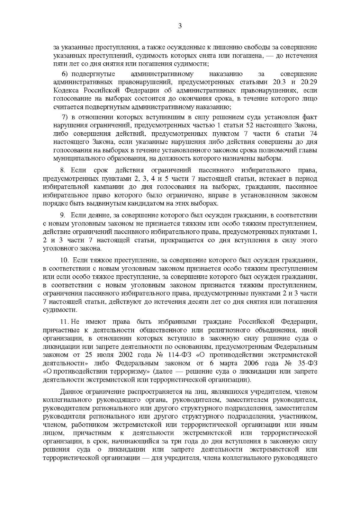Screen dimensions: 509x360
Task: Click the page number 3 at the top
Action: pyautogui.click(x=180, y=26)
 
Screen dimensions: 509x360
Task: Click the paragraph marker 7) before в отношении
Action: pyautogui.click(x=66, y=117)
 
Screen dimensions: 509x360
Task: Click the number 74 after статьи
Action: pyautogui.click(x=313, y=133)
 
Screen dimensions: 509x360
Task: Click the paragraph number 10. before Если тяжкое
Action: pyautogui.click(x=64, y=260)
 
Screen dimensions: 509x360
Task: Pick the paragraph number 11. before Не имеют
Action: pyautogui.click(x=65, y=322)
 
